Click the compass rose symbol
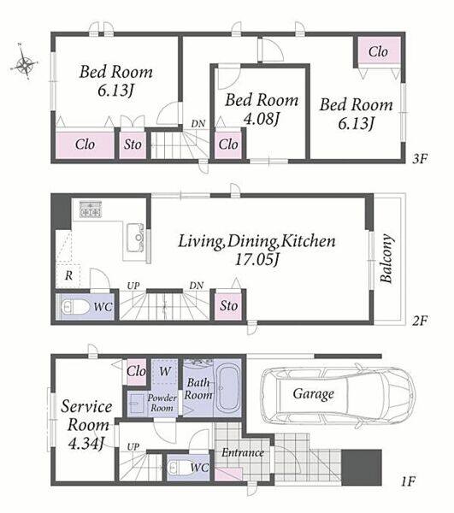click(25, 62)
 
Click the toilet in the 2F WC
click(75, 307)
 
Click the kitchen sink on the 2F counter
click(135, 238)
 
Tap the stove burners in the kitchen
click(91, 209)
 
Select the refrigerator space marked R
click(68, 275)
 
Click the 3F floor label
click(420, 159)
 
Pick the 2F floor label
click(420, 321)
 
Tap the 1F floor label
click(409, 481)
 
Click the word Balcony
click(386, 258)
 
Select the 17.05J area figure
click(257, 260)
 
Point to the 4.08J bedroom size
click(262, 119)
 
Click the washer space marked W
click(165, 371)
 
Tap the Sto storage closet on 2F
click(228, 305)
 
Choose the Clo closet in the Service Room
click(136, 372)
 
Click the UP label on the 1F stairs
click(133, 446)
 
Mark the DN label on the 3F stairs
click(198, 124)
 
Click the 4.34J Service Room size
click(86, 443)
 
